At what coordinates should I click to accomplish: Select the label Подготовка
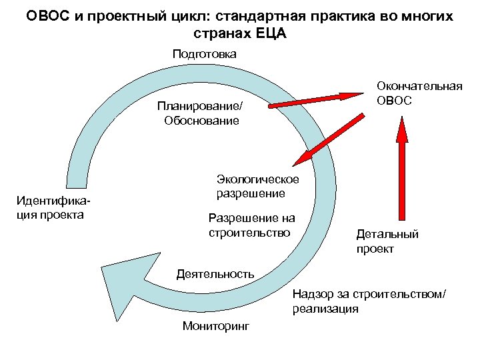(x=204, y=54)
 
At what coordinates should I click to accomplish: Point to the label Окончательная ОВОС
(x=419, y=93)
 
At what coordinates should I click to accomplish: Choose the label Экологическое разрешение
(x=257, y=187)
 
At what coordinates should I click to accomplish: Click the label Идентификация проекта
(x=52, y=207)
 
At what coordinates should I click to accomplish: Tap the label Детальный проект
(x=387, y=241)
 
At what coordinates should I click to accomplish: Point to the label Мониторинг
(x=215, y=326)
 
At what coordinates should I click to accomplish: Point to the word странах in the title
(x=217, y=33)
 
